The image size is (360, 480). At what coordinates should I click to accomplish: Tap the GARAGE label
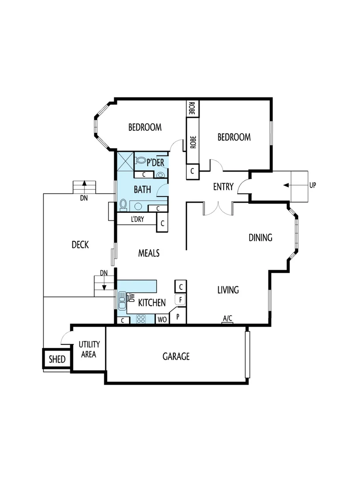point(176,356)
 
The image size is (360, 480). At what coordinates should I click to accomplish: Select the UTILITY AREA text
point(89,349)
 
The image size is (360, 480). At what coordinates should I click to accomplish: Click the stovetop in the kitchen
point(141,319)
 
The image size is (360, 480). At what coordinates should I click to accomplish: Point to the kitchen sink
point(122,302)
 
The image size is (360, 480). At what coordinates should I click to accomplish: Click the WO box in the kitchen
point(161,319)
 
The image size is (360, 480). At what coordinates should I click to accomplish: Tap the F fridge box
point(181,300)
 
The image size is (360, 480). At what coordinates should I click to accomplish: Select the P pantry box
point(178,316)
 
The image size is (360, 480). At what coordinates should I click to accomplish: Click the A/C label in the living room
point(227,318)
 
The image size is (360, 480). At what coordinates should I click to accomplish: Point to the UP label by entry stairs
point(312,184)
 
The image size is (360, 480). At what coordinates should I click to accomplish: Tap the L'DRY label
point(137,219)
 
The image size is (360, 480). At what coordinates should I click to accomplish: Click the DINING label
point(260,238)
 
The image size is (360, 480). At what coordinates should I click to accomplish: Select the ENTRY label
point(223,187)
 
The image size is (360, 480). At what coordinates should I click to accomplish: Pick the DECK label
point(80,244)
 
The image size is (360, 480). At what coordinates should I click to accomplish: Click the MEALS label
point(148,253)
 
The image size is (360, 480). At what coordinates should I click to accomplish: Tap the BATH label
point(142,190)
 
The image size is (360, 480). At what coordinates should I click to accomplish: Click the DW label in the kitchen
point(131,297)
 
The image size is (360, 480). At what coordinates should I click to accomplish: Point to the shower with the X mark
point(125,160)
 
